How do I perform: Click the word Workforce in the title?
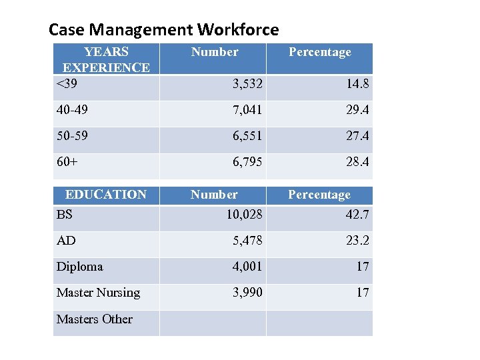[x=238, y=30]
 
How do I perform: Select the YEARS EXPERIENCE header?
[x=106, y=59]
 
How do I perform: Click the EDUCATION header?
[x=105, y=195]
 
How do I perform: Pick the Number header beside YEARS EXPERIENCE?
[x=215, y=52]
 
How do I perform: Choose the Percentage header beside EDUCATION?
[x=319, y=195]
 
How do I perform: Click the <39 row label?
[x=66, y=84]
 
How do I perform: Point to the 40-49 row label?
[x=72, y=110]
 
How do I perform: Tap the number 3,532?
[x=247, y=84]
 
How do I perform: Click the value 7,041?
[x=247, y=110]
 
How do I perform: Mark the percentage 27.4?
[x=357, y=136]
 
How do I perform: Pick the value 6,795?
[x=247, y=162]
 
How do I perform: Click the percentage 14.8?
[x=357, y=84]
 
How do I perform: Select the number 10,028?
[x=244, y=214]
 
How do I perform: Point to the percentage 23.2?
[x=357, y=240]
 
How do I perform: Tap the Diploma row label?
[x=79, y=267]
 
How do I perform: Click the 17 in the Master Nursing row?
[x=363, y=293]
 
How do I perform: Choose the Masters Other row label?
[x=94, y=319]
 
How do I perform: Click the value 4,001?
[x=247, y=267]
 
